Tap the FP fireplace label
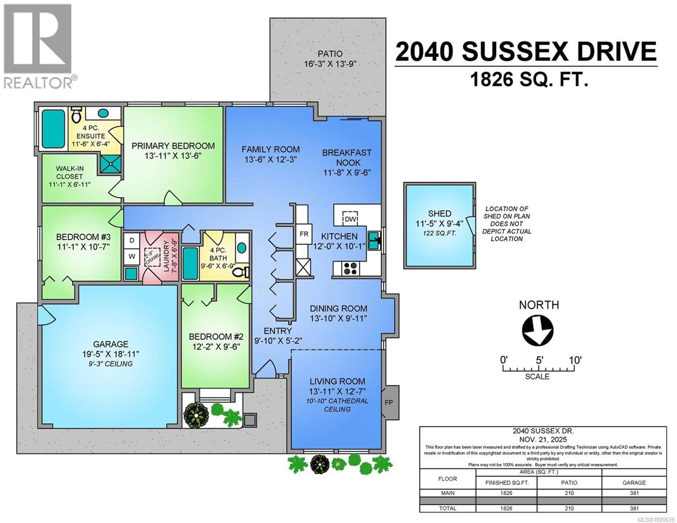click(389, 402)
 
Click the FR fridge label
click(304, 234)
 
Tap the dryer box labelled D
click(132, 240)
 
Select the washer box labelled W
click(132, 256)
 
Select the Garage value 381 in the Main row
click(634, 493)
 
